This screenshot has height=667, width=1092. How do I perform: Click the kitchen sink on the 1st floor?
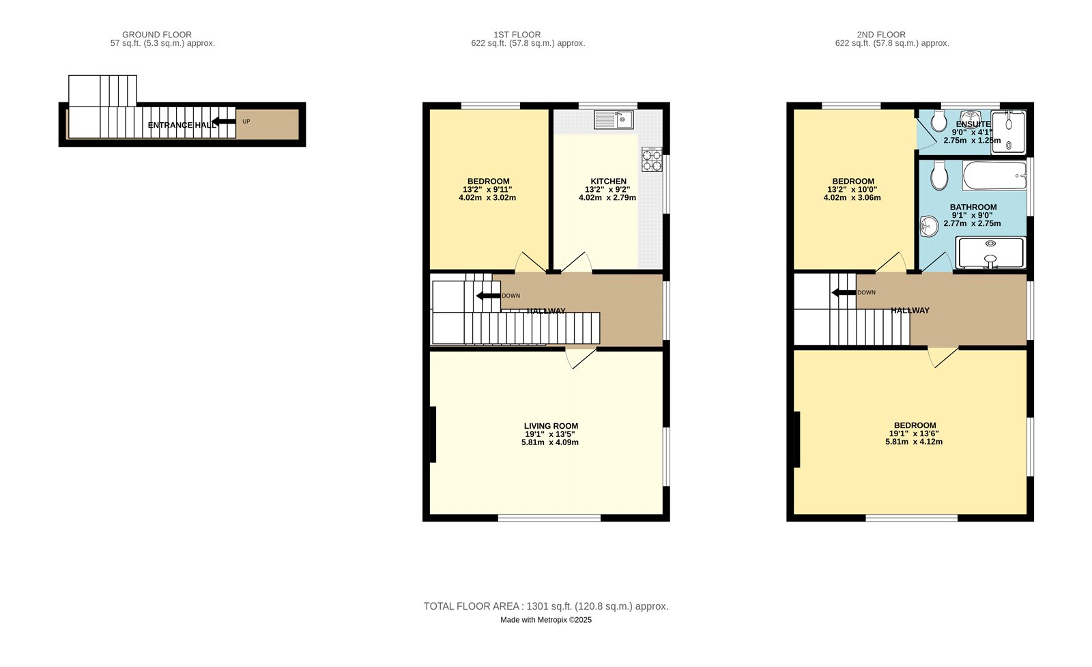614,119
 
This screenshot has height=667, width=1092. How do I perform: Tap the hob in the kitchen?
651,160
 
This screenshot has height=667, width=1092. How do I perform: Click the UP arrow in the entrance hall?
223,123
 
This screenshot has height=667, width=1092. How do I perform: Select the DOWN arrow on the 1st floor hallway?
488,296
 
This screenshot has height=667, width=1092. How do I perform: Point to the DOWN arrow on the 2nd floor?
844,293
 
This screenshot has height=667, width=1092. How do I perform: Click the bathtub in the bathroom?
994,175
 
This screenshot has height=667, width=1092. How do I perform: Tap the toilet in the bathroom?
938,175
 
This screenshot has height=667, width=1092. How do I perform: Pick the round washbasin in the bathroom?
929,226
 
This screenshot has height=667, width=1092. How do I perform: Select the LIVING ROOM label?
551,426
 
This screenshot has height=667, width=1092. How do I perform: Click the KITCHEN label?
608,182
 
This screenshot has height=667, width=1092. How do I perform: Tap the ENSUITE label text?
973,124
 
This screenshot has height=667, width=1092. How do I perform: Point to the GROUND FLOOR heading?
157,35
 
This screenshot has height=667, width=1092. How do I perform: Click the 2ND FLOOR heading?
881,35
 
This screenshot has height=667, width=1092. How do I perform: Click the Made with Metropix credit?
546,620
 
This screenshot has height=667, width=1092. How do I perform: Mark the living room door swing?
581,358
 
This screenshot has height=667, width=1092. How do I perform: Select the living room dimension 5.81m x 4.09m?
550,442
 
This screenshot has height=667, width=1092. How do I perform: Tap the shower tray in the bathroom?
991,253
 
